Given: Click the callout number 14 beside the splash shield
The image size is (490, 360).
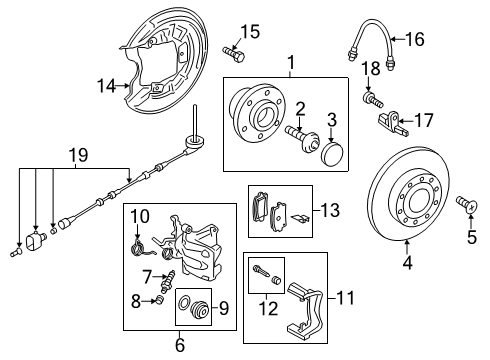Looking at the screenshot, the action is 106,86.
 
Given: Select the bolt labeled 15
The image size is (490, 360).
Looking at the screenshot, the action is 233,54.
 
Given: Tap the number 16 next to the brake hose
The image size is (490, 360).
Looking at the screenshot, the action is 415,39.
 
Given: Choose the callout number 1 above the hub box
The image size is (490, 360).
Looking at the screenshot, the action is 291,62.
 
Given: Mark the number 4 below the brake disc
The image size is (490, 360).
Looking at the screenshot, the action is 408,262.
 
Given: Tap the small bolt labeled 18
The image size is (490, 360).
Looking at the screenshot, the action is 373,100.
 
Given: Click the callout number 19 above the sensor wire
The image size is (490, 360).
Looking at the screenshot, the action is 79,155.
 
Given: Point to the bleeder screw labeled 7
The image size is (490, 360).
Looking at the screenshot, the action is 166,280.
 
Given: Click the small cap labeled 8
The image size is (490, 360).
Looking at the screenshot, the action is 159,300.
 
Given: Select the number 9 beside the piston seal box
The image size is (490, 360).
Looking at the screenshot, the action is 224,308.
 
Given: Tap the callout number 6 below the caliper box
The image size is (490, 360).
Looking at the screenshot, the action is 180,345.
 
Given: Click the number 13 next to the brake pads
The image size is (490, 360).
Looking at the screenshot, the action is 330,210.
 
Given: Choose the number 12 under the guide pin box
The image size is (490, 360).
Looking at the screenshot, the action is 268,309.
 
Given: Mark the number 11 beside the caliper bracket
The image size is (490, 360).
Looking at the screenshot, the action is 345,297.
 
